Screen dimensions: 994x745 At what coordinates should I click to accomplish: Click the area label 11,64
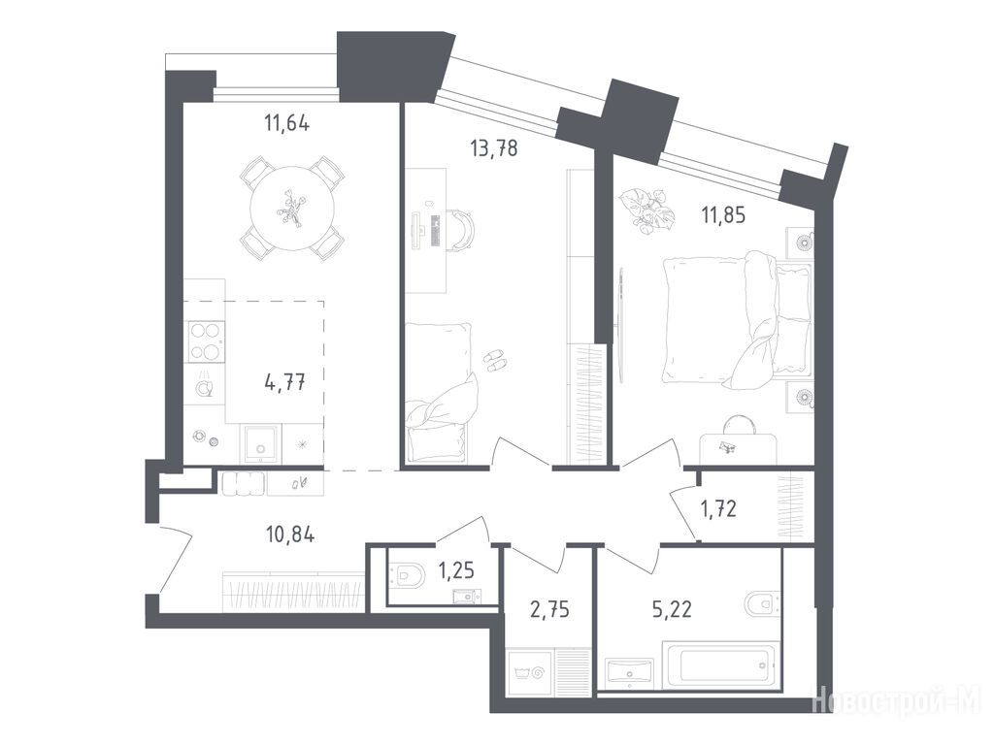point(286,123)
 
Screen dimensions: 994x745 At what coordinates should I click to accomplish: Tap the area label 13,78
point(494,148)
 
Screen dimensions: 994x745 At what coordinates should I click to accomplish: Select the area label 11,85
point(722,215)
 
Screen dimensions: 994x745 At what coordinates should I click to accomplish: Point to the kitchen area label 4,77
point(285,382)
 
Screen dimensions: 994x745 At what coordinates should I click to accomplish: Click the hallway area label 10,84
point(290,535)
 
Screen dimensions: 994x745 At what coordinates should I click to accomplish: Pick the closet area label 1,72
point(718,508)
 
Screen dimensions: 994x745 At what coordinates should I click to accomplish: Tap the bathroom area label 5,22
point(672,610)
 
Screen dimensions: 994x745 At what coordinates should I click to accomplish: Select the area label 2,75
point(549,610)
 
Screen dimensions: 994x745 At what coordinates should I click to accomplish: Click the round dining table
point(292,209)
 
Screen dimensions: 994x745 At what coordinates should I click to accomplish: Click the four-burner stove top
point(206,341)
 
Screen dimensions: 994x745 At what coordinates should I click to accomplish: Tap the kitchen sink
point(259,446)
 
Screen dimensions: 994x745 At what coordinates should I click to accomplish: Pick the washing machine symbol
point(529,672)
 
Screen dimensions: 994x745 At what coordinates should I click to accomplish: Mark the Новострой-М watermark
point(896,699)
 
